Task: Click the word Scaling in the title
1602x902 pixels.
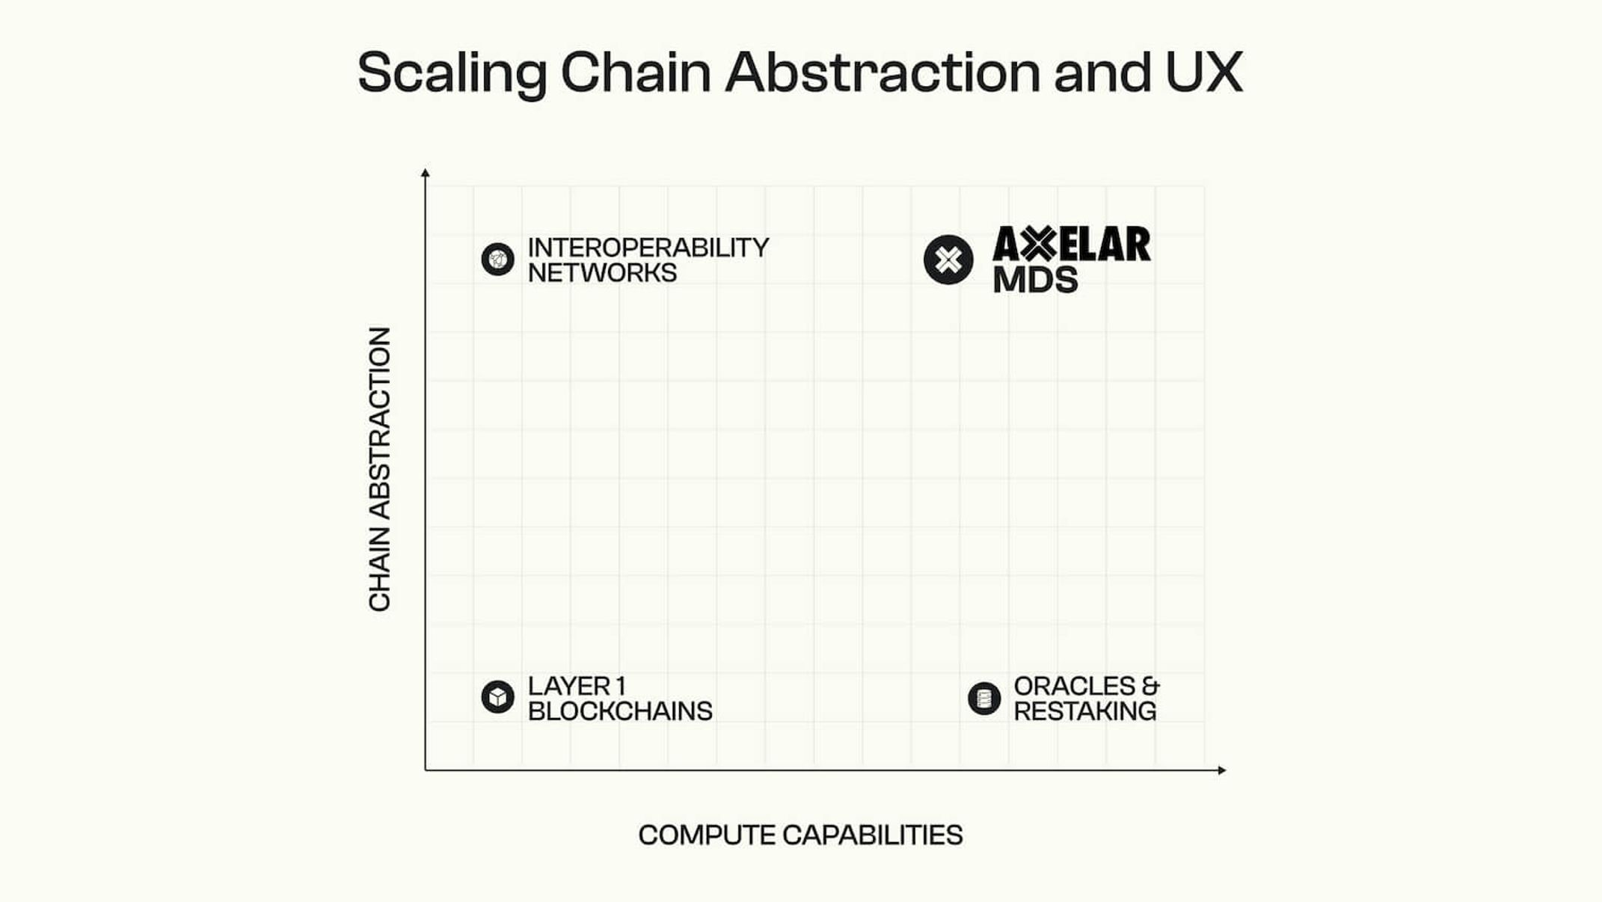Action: (452, 73)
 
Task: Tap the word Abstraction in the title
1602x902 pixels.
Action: (883, 73)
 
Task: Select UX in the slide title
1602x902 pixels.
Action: (1204, 73)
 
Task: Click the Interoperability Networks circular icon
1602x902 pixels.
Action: (498, 260)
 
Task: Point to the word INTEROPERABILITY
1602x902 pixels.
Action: (648, 248)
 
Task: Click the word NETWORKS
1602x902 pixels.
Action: (602, 273)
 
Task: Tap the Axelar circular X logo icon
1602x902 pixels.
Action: (948, 260)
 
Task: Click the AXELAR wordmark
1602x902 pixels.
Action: (1072, 245)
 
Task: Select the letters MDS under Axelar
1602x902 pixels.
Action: (1036, 280)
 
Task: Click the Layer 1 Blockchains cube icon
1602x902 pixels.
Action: (498, 697)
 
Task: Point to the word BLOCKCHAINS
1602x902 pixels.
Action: (620, 711)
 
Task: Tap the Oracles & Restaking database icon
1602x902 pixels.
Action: (984, 699)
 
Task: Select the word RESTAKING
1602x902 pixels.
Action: (1084, 711)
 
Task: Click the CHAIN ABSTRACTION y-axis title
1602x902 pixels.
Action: (380, 469)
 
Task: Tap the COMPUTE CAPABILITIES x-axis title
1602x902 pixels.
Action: (800, 835)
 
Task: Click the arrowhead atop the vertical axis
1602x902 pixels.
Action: (426, 174)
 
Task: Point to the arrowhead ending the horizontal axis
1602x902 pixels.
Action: (1221, 770)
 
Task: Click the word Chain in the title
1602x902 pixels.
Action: (636, 73)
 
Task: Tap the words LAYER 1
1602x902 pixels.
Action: (577, 686)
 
